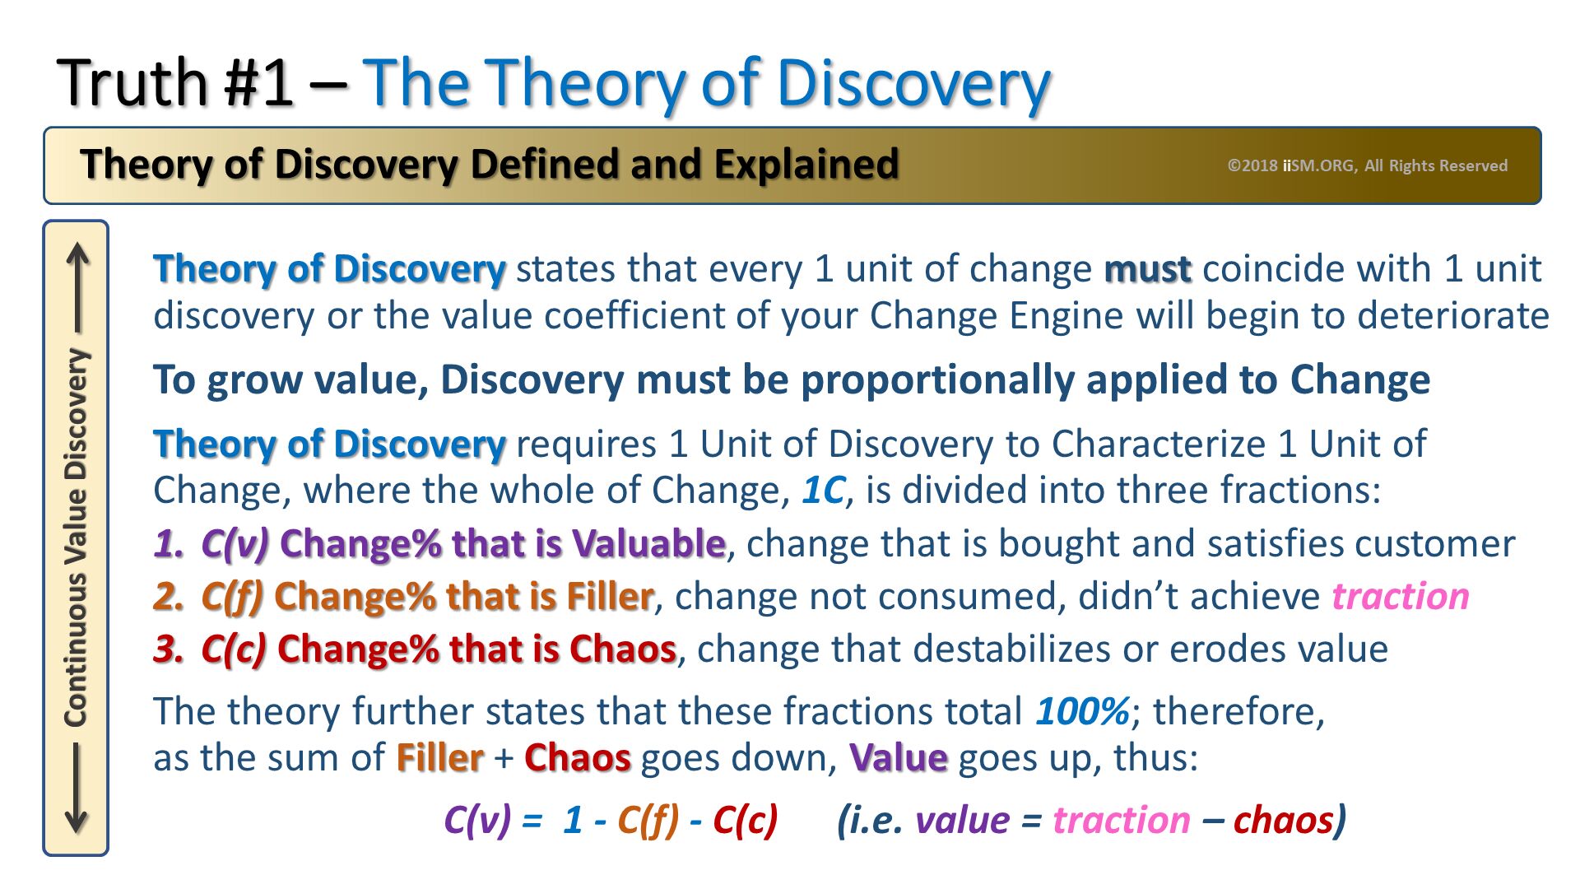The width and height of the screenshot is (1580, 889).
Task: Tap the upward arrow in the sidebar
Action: (78, 287)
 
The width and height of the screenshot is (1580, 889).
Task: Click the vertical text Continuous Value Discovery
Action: (77, 538)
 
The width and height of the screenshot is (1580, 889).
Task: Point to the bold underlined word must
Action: (1147, 269)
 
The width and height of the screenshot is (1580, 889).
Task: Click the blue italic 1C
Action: (823, 491)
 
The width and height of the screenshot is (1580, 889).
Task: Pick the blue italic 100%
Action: (1082, 711)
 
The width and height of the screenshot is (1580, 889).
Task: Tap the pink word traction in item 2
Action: (1401, 596)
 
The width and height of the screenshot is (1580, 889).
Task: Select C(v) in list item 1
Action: (235, 544)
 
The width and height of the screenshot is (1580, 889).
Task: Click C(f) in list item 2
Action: (232, 597)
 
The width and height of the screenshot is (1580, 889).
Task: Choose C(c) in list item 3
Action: (234, 649)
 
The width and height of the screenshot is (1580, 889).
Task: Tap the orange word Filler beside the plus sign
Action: (439, 757)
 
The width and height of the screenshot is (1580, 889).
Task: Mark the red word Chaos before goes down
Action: (578, 757)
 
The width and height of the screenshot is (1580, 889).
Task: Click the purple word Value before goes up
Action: (899, 757)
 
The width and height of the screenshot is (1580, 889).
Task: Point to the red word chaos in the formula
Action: (1283, 820)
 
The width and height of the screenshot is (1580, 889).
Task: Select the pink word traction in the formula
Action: (1122, 820)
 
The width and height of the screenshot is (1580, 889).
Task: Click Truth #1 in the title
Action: (175, 83)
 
